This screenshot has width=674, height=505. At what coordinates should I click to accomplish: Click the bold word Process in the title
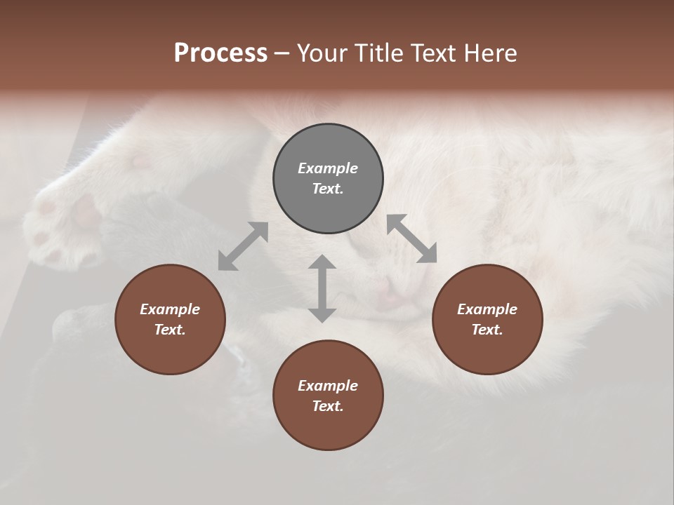click(220, 53)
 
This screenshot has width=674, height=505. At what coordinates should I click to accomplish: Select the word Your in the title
click(322, 53)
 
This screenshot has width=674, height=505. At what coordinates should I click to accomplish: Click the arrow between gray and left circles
click(243, 246)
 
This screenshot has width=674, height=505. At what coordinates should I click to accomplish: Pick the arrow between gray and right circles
click(412, 238)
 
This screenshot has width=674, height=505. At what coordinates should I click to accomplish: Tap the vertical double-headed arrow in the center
click(322, 288)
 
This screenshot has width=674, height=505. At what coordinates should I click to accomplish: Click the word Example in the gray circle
click(328, 168)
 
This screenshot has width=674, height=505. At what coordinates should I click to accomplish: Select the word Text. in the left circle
click(170, 330)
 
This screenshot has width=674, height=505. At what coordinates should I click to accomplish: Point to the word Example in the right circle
click(487, 309)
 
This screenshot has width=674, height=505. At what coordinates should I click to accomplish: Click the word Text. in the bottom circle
click(328, 406)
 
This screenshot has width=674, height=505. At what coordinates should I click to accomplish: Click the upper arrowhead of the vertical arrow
click(322, 263)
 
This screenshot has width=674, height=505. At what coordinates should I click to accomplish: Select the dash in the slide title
click(282, 53)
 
